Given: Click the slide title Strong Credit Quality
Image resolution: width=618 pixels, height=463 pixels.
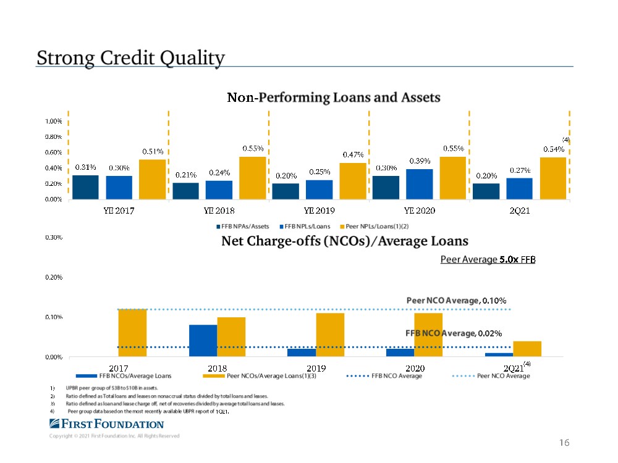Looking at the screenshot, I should coord(130,58).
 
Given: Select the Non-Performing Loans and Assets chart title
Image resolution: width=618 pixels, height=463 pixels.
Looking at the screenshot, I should coord(334,98).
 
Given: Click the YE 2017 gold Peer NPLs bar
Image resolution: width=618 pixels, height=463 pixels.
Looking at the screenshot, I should coord(152,179).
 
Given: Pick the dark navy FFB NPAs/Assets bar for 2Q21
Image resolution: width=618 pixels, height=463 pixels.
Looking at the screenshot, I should coord(486,191).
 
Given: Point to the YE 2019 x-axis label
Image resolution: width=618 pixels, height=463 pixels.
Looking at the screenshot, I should coord(319,211).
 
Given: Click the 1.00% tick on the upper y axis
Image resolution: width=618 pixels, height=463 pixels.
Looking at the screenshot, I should coord(52,121).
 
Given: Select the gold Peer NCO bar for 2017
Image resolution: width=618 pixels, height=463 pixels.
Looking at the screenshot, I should coord(132,332).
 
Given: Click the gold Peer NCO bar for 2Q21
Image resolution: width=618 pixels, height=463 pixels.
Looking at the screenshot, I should coord(527,349).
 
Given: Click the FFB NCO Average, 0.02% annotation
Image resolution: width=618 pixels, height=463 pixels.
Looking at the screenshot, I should coord(453,333).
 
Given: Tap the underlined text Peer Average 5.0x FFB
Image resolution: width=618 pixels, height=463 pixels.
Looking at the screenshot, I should coord(488,260).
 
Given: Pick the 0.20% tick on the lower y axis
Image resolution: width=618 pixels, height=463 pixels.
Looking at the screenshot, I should coord(52,278).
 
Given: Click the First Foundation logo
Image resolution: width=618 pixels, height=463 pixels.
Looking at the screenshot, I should coord(106,424).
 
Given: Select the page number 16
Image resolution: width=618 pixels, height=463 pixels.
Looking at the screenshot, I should coord(563,443).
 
